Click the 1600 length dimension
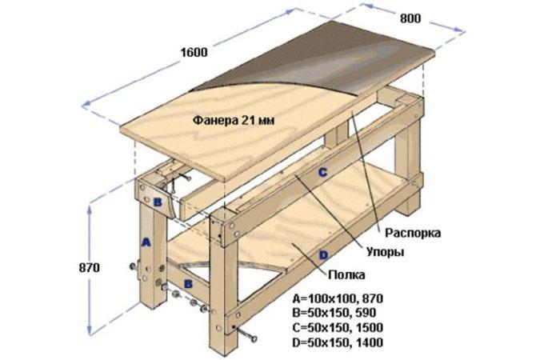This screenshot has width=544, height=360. (194, 53)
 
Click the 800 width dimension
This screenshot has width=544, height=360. (410, 18)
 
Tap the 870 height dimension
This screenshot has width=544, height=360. (90, 268)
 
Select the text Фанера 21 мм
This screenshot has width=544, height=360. (234, 120)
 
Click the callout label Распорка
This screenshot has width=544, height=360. (413, 233)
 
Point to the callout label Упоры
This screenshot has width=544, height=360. (386, 252)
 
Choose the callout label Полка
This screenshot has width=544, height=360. (346, 275)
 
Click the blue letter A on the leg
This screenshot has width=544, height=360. (146, 242)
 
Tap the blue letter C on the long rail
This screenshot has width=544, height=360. (322, 172)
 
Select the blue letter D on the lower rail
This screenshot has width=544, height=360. (323, 256)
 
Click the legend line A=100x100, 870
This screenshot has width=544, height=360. (338, 298)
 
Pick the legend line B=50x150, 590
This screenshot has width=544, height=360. (334, 313)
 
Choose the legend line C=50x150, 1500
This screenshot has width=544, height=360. (338, 328)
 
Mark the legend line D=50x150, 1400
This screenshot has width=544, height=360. (338, 342)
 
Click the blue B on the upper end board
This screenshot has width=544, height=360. (158, 202)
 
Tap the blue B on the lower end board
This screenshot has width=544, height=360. (188, 284)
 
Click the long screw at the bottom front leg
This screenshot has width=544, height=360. (245, 334)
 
